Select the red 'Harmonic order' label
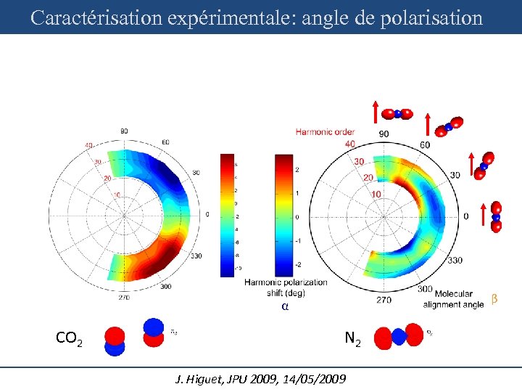325,131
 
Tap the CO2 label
69,338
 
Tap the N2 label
353,338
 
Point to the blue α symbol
285,306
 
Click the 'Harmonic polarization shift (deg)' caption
285,287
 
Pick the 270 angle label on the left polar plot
124,297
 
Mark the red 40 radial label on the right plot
349,143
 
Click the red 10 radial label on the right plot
376,194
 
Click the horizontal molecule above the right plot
397,113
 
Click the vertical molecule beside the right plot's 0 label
496,216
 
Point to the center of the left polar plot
124,215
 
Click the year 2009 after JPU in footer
249,379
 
